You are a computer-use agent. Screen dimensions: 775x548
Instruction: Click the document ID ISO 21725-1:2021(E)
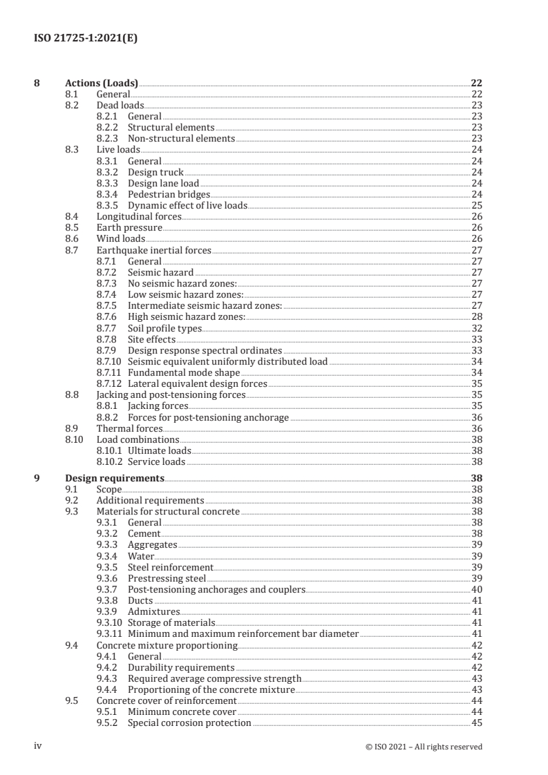click(x=86, y=38)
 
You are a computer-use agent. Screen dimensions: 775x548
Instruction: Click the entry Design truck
click(x=156, y=171)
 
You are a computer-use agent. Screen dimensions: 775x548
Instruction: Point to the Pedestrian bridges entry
click(x=169, y=194)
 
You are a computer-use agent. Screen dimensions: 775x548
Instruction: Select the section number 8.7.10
click(x=109, y=361)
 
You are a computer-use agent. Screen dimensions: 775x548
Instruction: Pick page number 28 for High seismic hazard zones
click(x=476, y=317)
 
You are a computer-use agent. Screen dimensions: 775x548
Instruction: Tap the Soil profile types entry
click(x=164, y=328)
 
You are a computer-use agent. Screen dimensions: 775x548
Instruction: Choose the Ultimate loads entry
click(x=160, y=450)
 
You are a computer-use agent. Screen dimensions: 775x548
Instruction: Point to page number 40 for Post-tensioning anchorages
click(x=476, y=589)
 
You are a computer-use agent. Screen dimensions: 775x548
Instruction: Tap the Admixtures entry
click(x=153, y=611)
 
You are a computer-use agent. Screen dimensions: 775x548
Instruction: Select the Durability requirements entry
click(x=181, y=667)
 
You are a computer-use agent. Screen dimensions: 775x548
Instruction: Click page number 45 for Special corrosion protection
click(x=476, y=723)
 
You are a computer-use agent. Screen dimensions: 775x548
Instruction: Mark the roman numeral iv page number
click(x=39, y=746)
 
